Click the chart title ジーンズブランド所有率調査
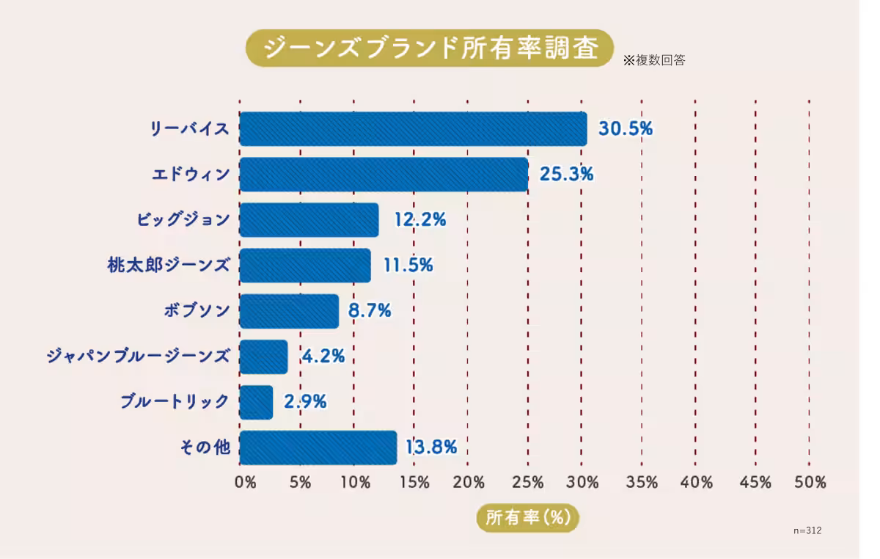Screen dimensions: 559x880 click(x=429, y=48)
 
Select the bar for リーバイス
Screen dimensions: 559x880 click(x=413, y=129)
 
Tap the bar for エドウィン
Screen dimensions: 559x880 click(x=384, y=175)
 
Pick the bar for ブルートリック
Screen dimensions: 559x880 click(x=256, y=402)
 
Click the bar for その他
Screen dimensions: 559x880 click(x=318, y=447)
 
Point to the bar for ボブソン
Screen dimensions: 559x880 click(x=289, y=311)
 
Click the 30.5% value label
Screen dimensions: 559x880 click(x=625, y=129)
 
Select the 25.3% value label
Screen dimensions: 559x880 click(x=566, y=175)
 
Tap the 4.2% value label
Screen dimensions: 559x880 click(x=323, y=357)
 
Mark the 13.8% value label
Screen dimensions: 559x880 click(x=431, y=447)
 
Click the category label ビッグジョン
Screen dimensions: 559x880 click(x=183, y=220)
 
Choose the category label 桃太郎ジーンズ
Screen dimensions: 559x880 click(x=169, y=266)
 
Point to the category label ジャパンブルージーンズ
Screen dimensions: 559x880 click(x=138, y=357)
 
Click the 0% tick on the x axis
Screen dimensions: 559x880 click(x=245, y=483)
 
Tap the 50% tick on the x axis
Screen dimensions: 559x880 click(x=810, y=483)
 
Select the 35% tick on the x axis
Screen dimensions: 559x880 click(x=642, y=483)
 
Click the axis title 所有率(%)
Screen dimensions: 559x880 click(x=528, y=517)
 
